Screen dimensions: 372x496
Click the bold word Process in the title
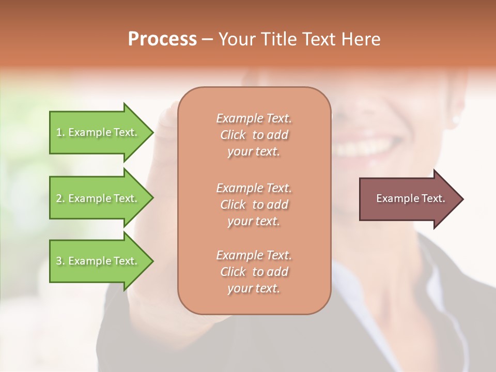click(x=162, y=39)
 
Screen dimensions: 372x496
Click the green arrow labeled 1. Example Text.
click(x=98, y=132)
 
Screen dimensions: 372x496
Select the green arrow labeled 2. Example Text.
click(x=98, y=198)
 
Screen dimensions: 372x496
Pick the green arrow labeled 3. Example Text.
click(x=98, y=261)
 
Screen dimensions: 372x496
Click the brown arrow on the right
click(x=408, y=198)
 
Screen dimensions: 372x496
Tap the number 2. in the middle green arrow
click(x=60, y=198)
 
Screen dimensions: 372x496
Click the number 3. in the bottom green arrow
click(x=60, y=261)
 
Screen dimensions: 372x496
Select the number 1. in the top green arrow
click(x=60, y=132)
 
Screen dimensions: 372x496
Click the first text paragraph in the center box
click(x=254, y=135)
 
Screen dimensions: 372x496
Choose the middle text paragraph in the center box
click(x=254, y=204)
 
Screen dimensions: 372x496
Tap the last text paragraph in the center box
click(x=254, y=272)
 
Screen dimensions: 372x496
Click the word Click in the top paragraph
click(x=233, y=135)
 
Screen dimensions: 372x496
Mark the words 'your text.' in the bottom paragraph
click(x=254, y=289)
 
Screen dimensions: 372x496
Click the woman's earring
click(x=455, y=119)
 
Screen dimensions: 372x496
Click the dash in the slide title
click(x=208, y=40)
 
